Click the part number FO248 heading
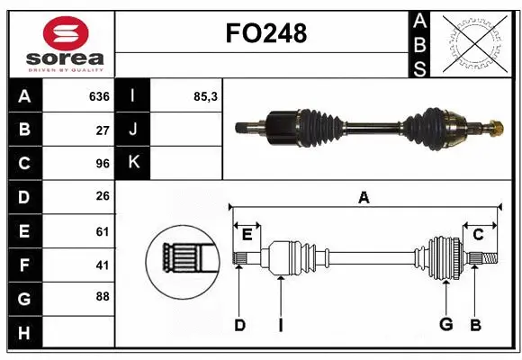coord(265,34)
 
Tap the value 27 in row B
coord(102,130)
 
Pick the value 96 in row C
coord(102,164)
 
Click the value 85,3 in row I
coord(205,96)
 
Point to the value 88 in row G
coord(102,296)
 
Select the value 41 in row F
coord(102,265)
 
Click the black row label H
coord(24,333)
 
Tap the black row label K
coord(133,163)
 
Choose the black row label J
coord(133,130)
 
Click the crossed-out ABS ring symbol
coord(474,42)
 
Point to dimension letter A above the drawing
coord(364,197)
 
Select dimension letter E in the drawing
coord(247,235)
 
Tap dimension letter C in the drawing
coord(478,235)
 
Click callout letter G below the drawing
coord(445,325)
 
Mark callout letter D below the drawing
coord(239,325)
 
